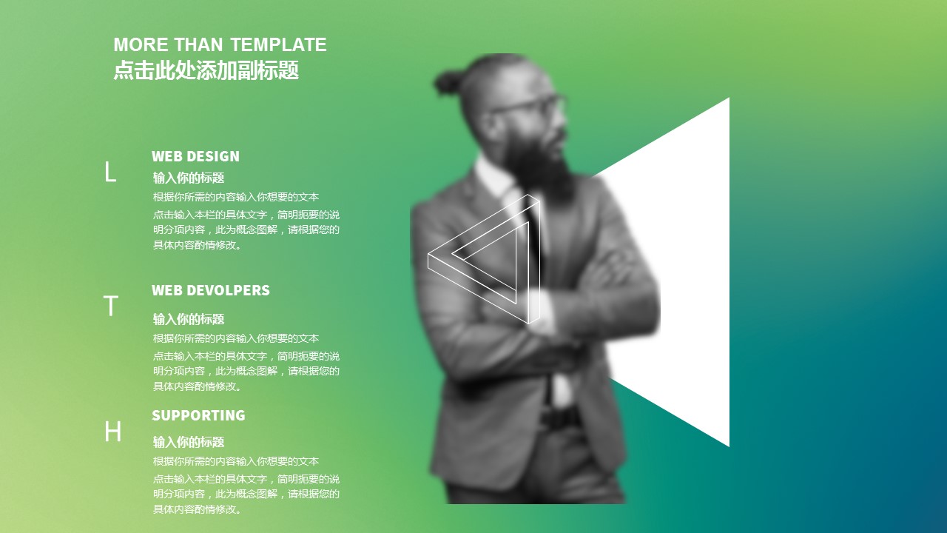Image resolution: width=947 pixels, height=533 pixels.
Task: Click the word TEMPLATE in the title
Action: click(278, 44)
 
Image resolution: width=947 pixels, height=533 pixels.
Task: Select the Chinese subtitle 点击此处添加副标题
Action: click(206, 70)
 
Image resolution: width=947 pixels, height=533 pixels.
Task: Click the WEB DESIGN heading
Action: click(195, 156)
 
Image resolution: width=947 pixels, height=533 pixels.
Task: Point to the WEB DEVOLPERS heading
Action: click(211, 290)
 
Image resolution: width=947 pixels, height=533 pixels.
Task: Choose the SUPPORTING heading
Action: click(198, 415)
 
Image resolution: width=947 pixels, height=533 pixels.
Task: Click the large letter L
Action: click(110, 172)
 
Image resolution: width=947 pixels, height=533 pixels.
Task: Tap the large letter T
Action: click(111, 306)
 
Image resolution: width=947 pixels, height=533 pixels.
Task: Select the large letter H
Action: click(113, 432)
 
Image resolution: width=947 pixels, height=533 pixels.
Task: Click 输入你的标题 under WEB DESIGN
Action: click(189, 178)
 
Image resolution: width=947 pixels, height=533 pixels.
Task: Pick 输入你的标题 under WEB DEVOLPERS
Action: click(189, 319)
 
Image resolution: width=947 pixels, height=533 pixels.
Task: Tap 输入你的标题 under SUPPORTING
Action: click(189, 442)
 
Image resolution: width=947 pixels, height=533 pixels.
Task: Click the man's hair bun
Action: click(448, 82)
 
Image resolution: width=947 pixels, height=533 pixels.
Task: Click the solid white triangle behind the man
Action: click(693, 271)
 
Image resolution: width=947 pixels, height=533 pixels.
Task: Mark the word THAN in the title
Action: click(199, 44)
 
